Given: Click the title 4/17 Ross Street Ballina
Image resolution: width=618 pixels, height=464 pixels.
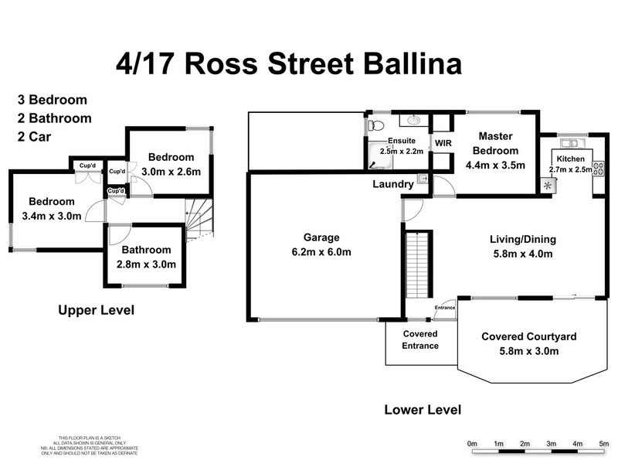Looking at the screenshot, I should point(287,63).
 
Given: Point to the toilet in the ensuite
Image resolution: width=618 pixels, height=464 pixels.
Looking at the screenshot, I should point(375,125).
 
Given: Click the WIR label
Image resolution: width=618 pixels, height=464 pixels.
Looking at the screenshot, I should point(443,143).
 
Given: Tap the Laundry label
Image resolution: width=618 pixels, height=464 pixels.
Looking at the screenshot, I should point(392,184).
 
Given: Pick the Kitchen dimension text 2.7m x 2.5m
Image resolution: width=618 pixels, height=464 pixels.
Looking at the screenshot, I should point(569,169).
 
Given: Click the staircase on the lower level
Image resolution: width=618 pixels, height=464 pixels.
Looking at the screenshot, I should point(417,264).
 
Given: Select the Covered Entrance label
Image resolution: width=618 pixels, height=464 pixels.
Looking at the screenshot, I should point(420,339).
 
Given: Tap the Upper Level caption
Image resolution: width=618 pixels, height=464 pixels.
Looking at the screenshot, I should point(97,311).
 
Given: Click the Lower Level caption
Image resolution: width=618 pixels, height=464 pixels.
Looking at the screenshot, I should point(423,410).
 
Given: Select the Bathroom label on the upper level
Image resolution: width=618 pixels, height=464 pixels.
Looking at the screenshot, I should point(146,250).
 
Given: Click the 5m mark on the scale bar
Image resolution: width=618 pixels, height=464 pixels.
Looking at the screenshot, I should point(603,443).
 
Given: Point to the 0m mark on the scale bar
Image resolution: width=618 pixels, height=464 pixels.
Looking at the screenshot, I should point(473,443).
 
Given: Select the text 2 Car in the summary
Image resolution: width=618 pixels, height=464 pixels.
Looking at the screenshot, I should point(42,138).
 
